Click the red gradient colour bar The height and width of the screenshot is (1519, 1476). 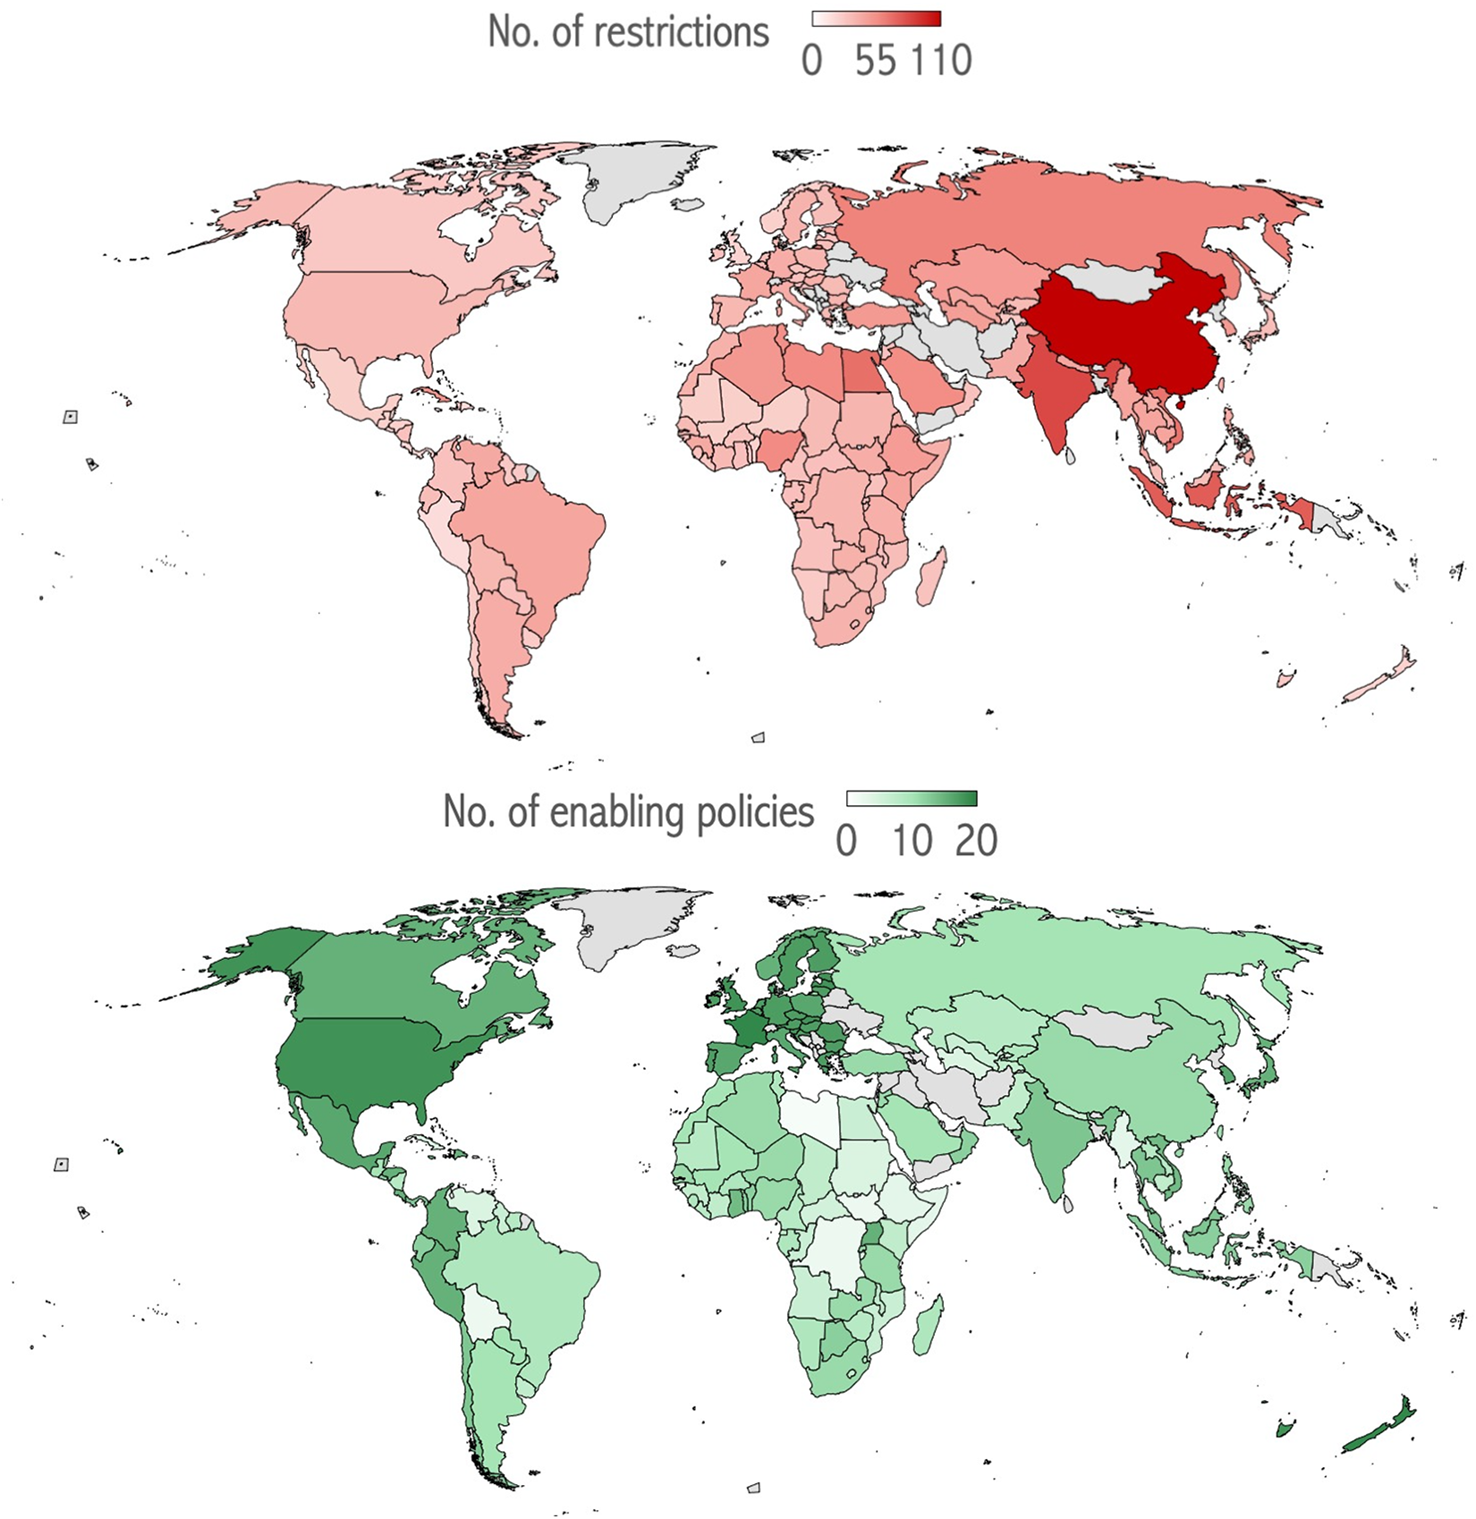tap(876, 19)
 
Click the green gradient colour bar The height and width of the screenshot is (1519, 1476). tap(912, 798)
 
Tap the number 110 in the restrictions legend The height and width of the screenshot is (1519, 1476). tap(942, 61)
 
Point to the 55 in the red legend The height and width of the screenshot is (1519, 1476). tap(875, 61)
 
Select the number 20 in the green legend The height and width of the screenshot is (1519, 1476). tap(976, 841)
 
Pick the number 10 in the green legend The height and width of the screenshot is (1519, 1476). tap(912, 841)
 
